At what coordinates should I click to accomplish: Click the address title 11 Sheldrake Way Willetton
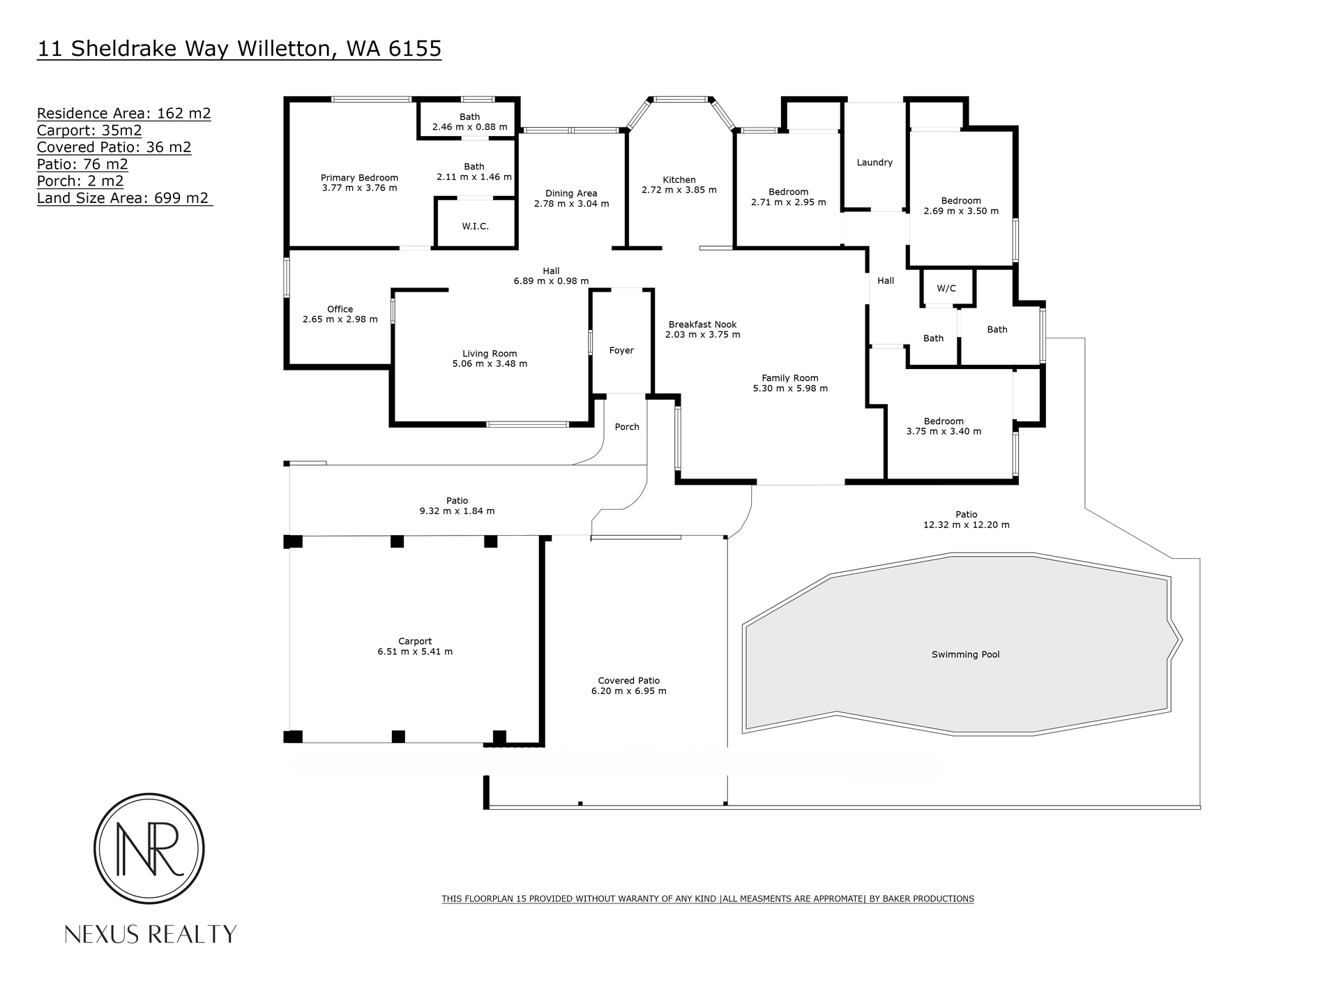183,49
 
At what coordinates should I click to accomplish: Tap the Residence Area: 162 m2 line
124,113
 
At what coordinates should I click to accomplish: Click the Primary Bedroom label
359,178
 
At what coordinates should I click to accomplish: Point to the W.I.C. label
475,226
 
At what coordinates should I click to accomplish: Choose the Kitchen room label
679,180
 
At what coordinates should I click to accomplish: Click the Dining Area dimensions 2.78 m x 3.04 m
572,204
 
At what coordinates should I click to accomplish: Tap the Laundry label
874,163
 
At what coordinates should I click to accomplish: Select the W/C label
946,288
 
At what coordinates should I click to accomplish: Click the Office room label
340,309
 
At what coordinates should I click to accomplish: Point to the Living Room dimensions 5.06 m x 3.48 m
490,363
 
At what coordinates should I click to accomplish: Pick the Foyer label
621,351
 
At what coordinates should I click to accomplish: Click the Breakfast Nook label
702,324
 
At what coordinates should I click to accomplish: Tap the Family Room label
790,378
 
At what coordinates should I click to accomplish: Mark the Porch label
627,427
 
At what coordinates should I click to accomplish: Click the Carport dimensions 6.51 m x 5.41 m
415,652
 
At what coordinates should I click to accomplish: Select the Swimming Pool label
966,654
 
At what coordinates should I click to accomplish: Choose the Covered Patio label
629,681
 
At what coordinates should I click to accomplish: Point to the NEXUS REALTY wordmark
151,934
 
